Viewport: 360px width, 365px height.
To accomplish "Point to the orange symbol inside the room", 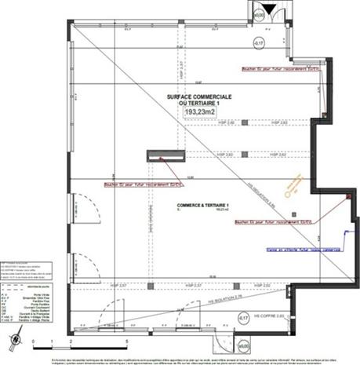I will click(295, 185).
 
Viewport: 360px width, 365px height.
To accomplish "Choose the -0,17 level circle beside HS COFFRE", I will click(243, 317).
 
